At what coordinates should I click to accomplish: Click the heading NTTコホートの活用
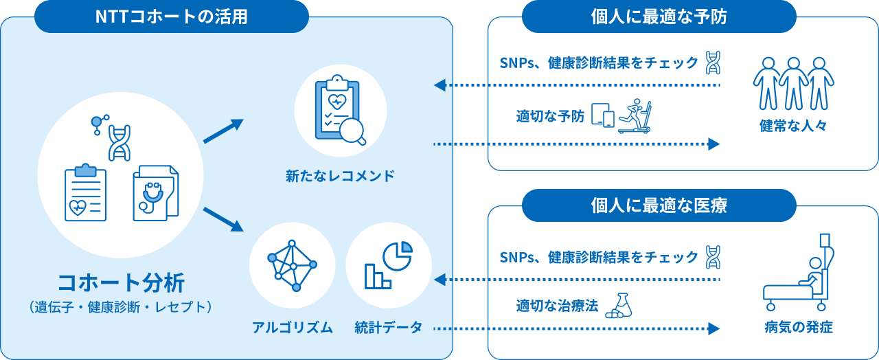(x=171, y=16)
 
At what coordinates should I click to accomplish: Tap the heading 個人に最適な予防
(x=659, y=16)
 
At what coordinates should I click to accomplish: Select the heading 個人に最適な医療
(x=659, y=205)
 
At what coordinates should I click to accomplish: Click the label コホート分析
(x=121, y=282)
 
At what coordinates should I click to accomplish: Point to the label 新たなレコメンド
(x=340, y=176)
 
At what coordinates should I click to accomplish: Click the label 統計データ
(x=389, y=328)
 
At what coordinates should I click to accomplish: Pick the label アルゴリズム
(x=292, y=328)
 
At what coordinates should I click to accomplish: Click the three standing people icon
(x=793, y=83)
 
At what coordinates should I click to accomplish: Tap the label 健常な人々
(x=793, y=126)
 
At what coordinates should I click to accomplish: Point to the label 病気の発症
(x=798, y=328)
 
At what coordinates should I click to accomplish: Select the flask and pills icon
(x=619, y=306)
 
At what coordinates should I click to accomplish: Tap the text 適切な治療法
(x=556, y=306)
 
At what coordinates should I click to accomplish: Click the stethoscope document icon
(x=155, y=192)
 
